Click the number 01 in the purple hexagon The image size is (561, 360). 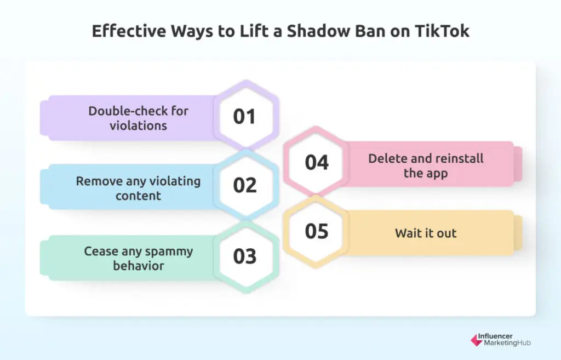point(245,117)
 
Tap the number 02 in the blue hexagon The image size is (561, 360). point(245,185)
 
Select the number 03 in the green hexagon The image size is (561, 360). point(245,256)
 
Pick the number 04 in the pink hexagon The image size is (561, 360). point(317,163)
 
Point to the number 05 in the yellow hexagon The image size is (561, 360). point(317,231)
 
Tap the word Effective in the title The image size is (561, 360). point(124,31)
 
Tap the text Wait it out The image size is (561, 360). point(426,233)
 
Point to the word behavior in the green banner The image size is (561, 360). point(139,266)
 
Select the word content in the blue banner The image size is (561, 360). point(139,195)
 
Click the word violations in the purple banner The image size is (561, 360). point(139,125)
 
